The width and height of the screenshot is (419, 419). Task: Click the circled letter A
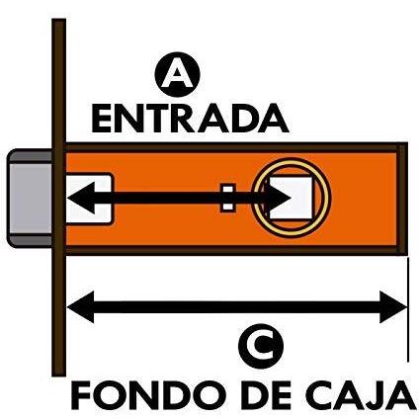coord(177,74)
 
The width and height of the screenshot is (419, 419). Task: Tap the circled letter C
coord(261,346)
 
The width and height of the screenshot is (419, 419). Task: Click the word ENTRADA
coord(190,119)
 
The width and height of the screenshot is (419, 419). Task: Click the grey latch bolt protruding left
coord(30,199)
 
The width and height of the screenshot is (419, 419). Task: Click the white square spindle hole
coord(291,198)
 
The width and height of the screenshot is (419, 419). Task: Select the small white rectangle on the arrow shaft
coord(227,198)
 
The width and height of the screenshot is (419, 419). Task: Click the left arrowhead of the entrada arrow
coord(81,198)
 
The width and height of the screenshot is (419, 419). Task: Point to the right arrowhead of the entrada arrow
coord(278,198)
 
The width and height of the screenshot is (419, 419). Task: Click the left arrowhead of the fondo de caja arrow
coord(81,307)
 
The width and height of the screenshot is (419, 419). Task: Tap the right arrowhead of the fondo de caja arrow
coord(393,307)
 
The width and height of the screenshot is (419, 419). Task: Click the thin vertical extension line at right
coord(408,310)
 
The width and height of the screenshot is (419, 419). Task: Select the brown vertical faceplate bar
coord(59,198)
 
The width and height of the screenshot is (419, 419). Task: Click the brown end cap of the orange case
coord(402,199)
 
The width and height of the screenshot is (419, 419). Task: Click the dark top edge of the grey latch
coord(31,156)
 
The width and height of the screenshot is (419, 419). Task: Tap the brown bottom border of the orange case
coord(231,250)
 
